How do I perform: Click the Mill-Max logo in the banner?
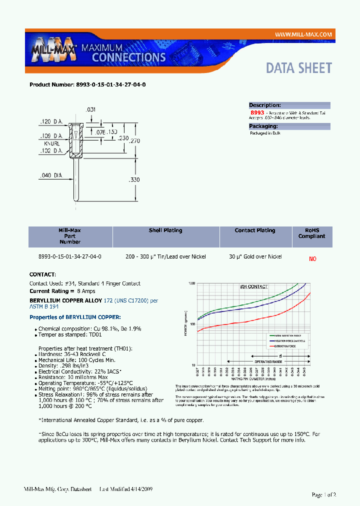(53, 50)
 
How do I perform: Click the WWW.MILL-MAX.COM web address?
(303, 34)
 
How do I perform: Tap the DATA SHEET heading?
(298, 68)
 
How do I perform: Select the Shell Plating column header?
(165, 230)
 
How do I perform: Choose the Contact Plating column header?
(255, 230)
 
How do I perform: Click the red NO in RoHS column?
(312, 259)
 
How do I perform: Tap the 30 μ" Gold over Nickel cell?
(255, 256)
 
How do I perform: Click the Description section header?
(265, 105)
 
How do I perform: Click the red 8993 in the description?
(257, 113)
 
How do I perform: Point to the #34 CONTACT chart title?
(253, 287)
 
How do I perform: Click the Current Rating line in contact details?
(62, 291)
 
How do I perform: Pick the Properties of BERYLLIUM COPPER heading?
(75, 317)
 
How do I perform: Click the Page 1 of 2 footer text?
(323, 494)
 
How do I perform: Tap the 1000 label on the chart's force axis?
(191, 284)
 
